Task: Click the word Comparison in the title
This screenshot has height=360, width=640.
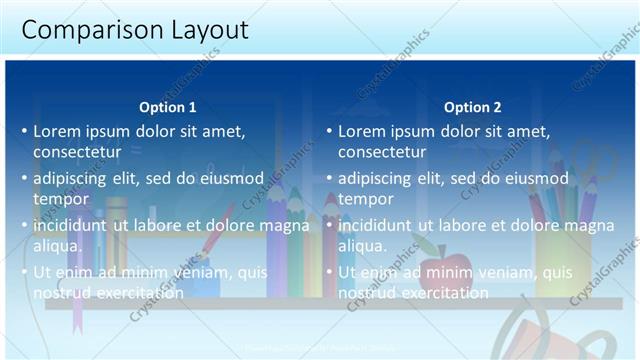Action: click(x=82, y=30)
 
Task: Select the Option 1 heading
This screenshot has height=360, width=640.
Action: click(x=168, y=107)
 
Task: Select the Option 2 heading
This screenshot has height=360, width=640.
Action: click(x=473, y=107)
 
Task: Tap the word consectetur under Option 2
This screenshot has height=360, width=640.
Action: click(x=382, y=152)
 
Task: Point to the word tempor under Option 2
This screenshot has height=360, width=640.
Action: click(x=366, y=199)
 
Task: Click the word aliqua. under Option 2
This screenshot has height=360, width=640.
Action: click(x=363, y=246)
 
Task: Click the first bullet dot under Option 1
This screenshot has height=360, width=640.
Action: click(x=24, y=132)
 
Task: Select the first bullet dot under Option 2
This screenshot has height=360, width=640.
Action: click(x=329, y=132)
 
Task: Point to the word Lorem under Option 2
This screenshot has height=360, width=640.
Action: click(x=360, y=131)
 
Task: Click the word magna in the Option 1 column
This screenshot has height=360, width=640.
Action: click(x=284, y=226)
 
